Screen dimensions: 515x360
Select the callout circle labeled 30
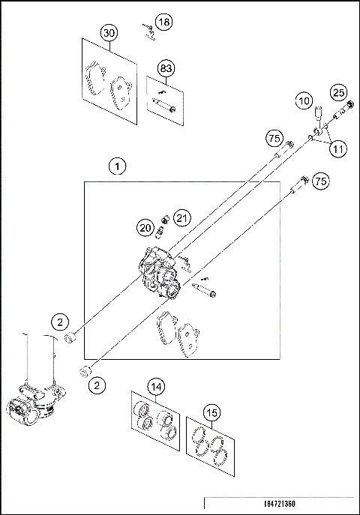coord(109,34)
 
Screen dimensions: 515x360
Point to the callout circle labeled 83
coord(166,69)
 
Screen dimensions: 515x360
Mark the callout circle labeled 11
coord(338,148)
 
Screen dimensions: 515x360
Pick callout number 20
coord(145,226)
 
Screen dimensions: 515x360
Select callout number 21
coord(182,217)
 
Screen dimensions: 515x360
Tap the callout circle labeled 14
coord(155,387)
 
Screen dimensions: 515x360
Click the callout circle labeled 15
coord(213,412)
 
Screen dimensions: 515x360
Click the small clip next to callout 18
coord(149,29)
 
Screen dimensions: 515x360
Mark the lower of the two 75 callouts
coord(320,182)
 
